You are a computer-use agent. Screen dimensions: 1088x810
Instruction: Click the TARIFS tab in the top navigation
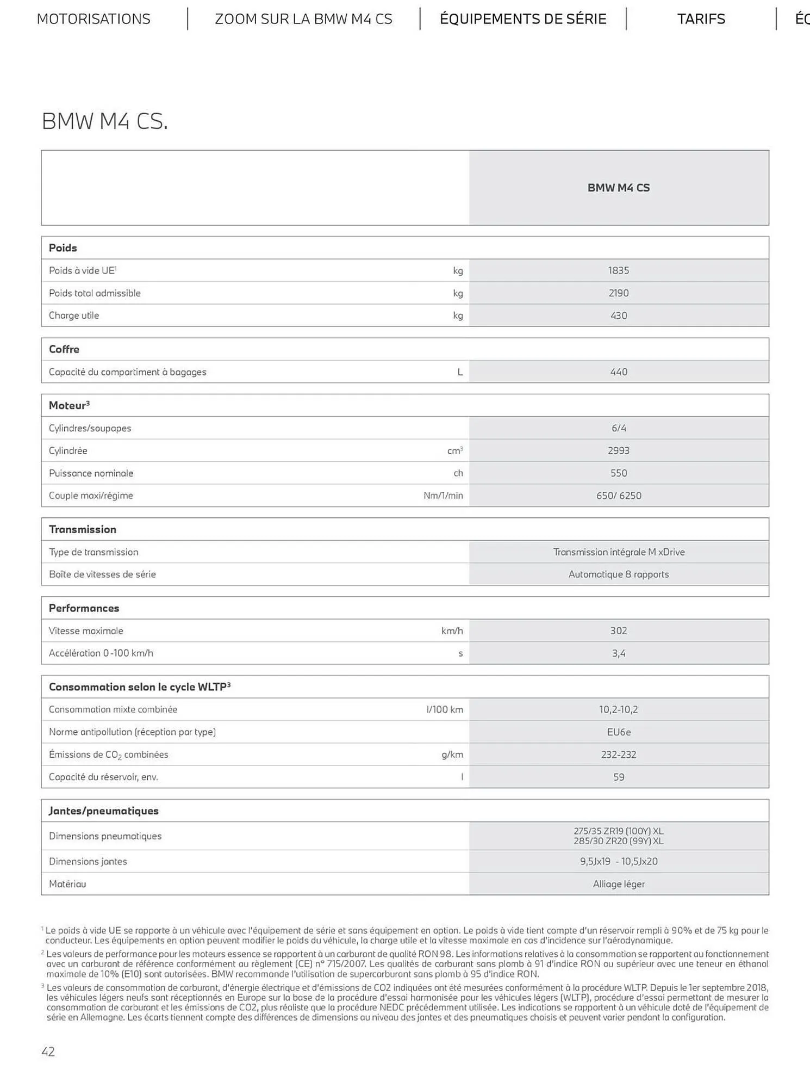pos(701,19)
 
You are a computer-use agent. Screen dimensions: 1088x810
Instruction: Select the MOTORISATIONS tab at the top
pos(94,19)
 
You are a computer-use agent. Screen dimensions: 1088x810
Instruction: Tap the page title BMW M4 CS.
pos(105,121)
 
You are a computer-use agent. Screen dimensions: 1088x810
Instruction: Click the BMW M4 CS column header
pos(619,188)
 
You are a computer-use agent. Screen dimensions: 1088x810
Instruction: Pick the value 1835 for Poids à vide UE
pos(619,270)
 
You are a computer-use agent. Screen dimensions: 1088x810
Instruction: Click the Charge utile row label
pos(74,316)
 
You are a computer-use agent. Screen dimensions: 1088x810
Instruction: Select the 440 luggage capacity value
pos(619,372)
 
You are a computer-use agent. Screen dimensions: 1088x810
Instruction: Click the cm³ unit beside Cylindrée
pos(454,450)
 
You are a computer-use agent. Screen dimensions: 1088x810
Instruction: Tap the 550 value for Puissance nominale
pos(619,473)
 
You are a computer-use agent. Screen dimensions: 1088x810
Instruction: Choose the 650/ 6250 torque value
pos(619,496)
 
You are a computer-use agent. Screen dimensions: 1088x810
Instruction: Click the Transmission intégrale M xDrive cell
pos(619,552)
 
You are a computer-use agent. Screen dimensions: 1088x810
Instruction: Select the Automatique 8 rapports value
pos(619,574)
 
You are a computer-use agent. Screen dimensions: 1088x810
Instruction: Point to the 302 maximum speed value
pos(619,631)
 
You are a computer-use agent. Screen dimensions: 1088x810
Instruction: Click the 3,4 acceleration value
pos(619,653)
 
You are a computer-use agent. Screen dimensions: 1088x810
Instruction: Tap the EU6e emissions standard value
pos(619,732)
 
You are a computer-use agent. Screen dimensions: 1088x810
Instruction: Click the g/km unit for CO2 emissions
pos(452,755)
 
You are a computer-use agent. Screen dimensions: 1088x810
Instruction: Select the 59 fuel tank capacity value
pos(619,777)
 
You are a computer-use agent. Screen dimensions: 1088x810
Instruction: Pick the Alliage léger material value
pos(619,884)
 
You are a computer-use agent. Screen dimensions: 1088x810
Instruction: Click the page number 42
pos(48,1052)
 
